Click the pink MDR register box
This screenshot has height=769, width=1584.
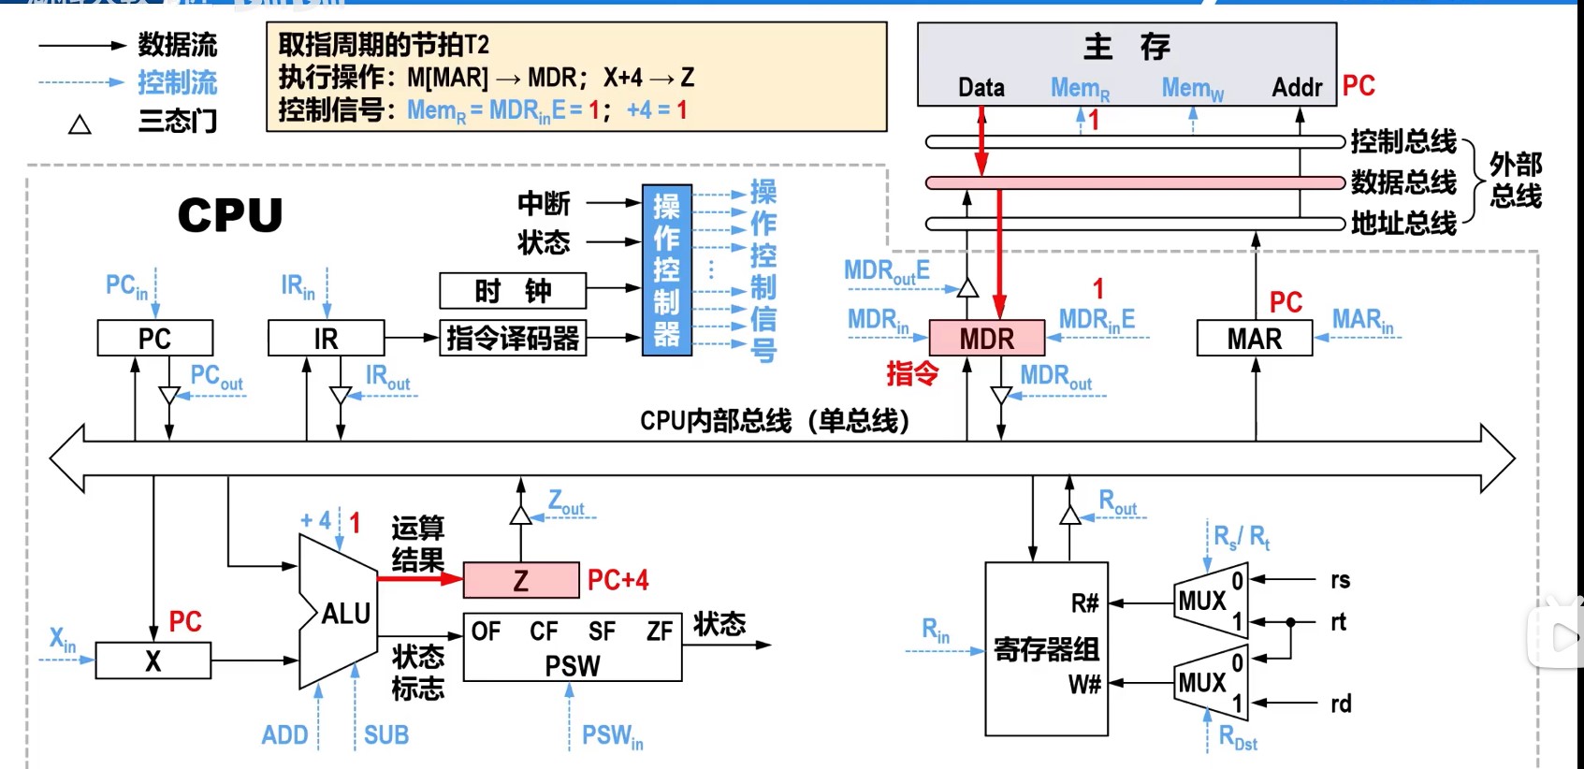986,338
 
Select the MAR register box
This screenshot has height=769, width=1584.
1254,338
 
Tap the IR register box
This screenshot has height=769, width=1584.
326,338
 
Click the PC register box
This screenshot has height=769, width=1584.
154,338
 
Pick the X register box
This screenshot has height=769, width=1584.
153,660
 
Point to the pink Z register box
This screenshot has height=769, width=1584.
521,580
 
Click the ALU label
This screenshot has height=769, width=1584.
345,614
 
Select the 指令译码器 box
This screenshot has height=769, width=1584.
513,338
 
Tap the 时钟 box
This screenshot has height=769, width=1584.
513,291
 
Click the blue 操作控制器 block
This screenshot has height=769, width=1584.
666,270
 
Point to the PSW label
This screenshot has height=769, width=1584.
573,665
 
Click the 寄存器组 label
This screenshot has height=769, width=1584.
1046,648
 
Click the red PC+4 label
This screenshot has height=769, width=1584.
618,580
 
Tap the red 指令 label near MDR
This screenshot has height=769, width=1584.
912,373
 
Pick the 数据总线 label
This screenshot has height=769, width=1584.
1403,181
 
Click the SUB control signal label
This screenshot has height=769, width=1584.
386,735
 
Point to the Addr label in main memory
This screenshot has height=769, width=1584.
1297,88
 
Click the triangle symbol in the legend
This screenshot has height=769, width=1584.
80,124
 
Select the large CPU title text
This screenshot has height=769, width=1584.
230,215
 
